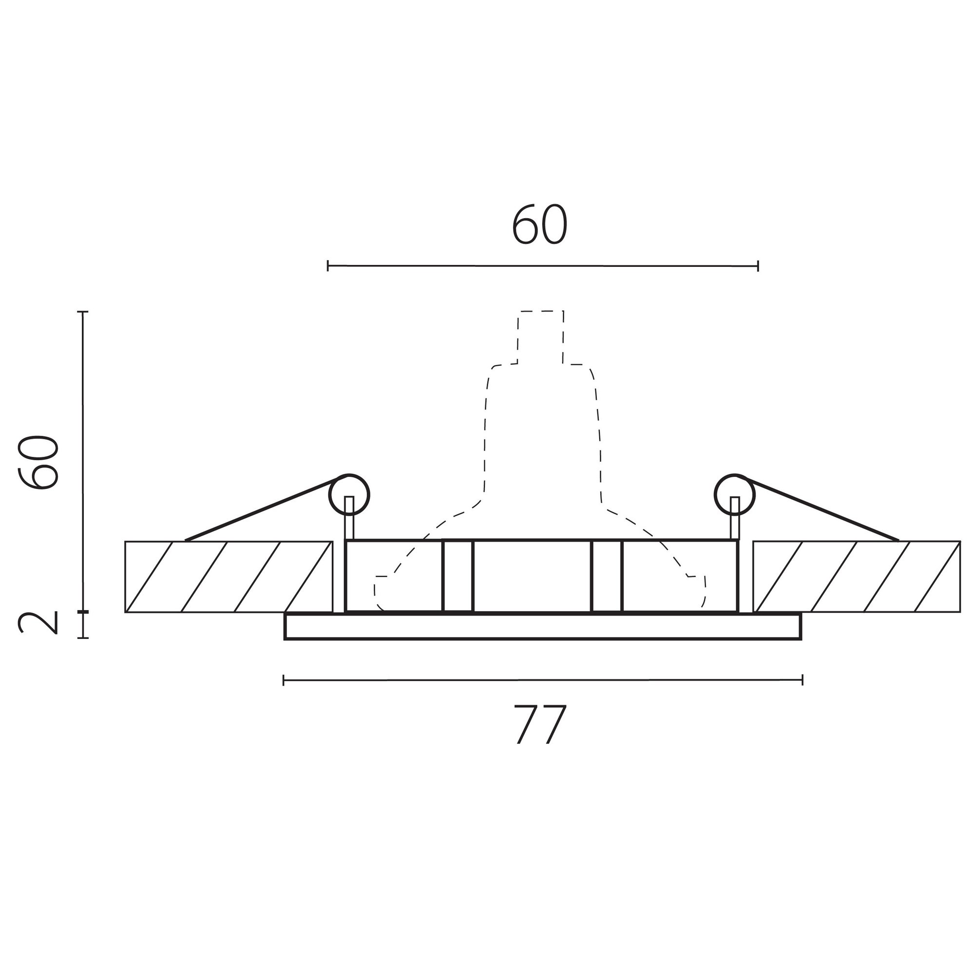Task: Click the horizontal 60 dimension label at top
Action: [540, 225]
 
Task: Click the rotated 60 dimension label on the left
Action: [38, 462]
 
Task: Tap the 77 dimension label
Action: [541, 725]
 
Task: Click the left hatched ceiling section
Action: [228, 577]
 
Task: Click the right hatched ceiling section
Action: [857, 577]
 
